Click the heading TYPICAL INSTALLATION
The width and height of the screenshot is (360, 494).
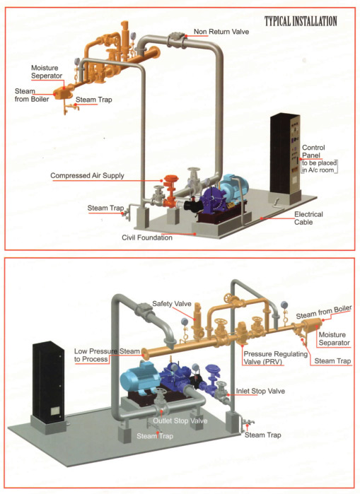click(x=301, y=21)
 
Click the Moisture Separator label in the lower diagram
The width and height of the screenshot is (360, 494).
click(x=334, y=339)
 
